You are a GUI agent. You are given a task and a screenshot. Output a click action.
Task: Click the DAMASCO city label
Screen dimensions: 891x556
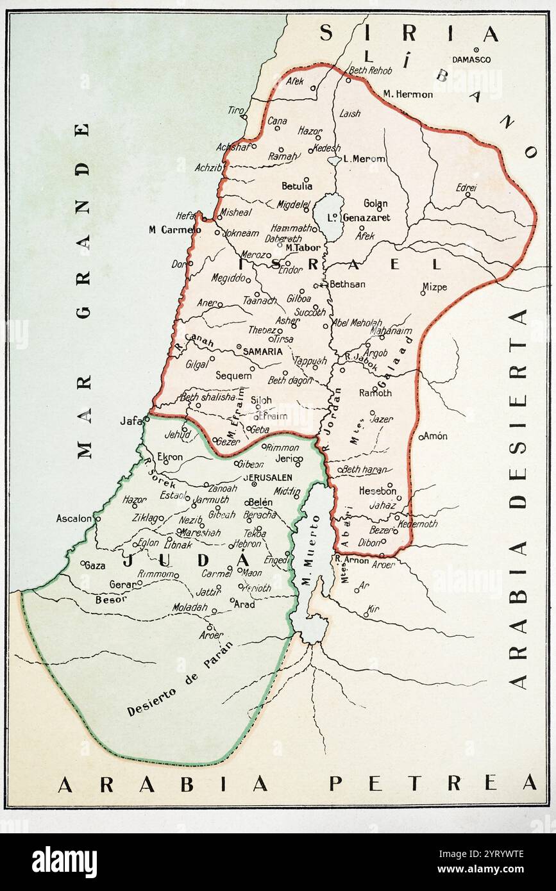point(471,60)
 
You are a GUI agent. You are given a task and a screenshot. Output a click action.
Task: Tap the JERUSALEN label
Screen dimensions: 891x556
point(267,478)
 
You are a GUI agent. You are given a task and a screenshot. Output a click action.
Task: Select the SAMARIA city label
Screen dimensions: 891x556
point(263,351)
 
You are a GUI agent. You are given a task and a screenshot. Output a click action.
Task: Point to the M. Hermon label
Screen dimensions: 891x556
point(408,94)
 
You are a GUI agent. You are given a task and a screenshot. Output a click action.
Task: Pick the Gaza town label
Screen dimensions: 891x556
point(95,566)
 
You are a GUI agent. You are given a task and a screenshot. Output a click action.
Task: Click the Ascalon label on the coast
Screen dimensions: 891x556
point(74,518)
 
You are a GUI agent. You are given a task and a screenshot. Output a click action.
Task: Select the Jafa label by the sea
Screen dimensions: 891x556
point(130,421)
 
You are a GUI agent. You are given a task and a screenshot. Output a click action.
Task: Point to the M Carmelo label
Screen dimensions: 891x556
point(171,229)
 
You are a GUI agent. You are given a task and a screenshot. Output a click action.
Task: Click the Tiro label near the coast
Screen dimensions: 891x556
point(235,110)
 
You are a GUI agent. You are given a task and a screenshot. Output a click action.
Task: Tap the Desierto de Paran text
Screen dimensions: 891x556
point(179,679)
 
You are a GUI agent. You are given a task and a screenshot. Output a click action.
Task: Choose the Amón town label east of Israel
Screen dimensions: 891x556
point(436,436)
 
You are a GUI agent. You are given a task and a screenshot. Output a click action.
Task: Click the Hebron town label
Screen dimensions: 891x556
point(248,544)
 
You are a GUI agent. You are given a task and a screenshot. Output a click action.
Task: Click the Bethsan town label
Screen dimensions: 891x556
point(347,284)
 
